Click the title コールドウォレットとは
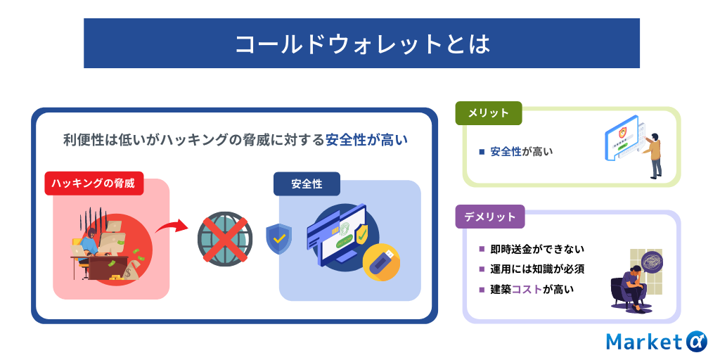pos(362,44)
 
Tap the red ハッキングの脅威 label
pos(94,184)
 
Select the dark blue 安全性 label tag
pos(307,184)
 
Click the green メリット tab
pos(488,113)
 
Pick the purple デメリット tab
pos(489,217)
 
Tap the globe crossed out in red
pos(224,239)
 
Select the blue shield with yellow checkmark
pos(278,239)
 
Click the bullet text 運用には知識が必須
pos(537,269)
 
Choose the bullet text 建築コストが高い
pos(532,289)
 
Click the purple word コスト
pos(527,289)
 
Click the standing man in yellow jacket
pos(653,155)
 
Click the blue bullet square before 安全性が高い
pos(482,152)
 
